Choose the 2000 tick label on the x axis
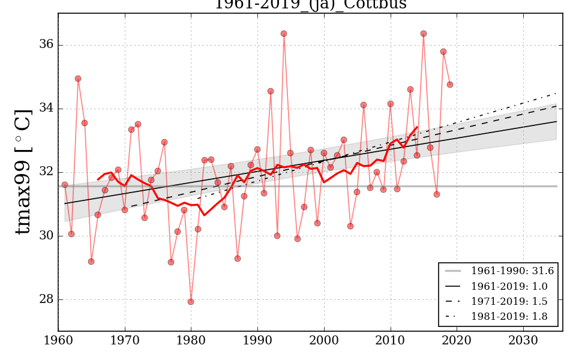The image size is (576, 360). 324,340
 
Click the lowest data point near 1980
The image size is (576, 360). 191,302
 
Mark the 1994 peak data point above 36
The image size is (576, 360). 284,34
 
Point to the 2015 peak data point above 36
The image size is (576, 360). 424,34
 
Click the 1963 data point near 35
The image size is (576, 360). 78,79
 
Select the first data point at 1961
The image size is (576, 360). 65,185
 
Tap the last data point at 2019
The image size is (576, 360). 450,85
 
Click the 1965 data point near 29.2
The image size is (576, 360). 91,262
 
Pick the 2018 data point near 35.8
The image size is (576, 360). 443,52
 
